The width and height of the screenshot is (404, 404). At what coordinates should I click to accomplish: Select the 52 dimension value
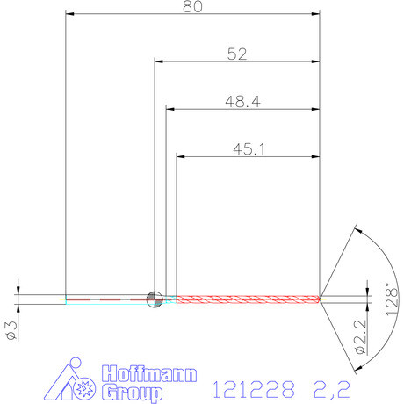236,54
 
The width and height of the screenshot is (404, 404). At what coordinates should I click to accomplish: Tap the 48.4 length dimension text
242,102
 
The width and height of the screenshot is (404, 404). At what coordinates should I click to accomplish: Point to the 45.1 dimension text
249,149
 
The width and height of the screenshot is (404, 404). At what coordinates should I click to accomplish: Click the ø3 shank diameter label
11,329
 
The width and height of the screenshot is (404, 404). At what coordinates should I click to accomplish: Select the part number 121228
254,386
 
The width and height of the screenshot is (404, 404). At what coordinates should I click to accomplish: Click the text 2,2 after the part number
333,386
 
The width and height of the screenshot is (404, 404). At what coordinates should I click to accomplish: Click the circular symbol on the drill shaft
155,299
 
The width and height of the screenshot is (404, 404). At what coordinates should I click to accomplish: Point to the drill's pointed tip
322,299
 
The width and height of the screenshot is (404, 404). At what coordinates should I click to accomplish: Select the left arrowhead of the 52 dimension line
161,61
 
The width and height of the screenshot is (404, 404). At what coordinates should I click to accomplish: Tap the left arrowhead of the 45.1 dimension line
183,157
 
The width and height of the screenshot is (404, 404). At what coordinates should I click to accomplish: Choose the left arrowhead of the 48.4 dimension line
171,110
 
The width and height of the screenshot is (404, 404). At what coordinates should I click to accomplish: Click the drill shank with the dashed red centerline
105,299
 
